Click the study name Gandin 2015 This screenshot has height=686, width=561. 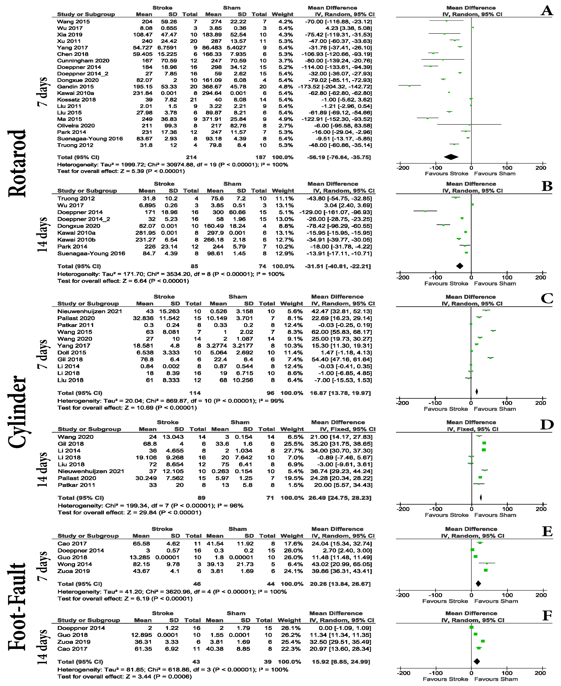pos(75,87)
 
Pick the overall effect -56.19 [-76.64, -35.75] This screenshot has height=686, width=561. pos(339,157)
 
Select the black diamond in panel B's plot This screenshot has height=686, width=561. pos(460,266)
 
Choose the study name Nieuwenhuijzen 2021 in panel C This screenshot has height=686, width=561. pos(90,311)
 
